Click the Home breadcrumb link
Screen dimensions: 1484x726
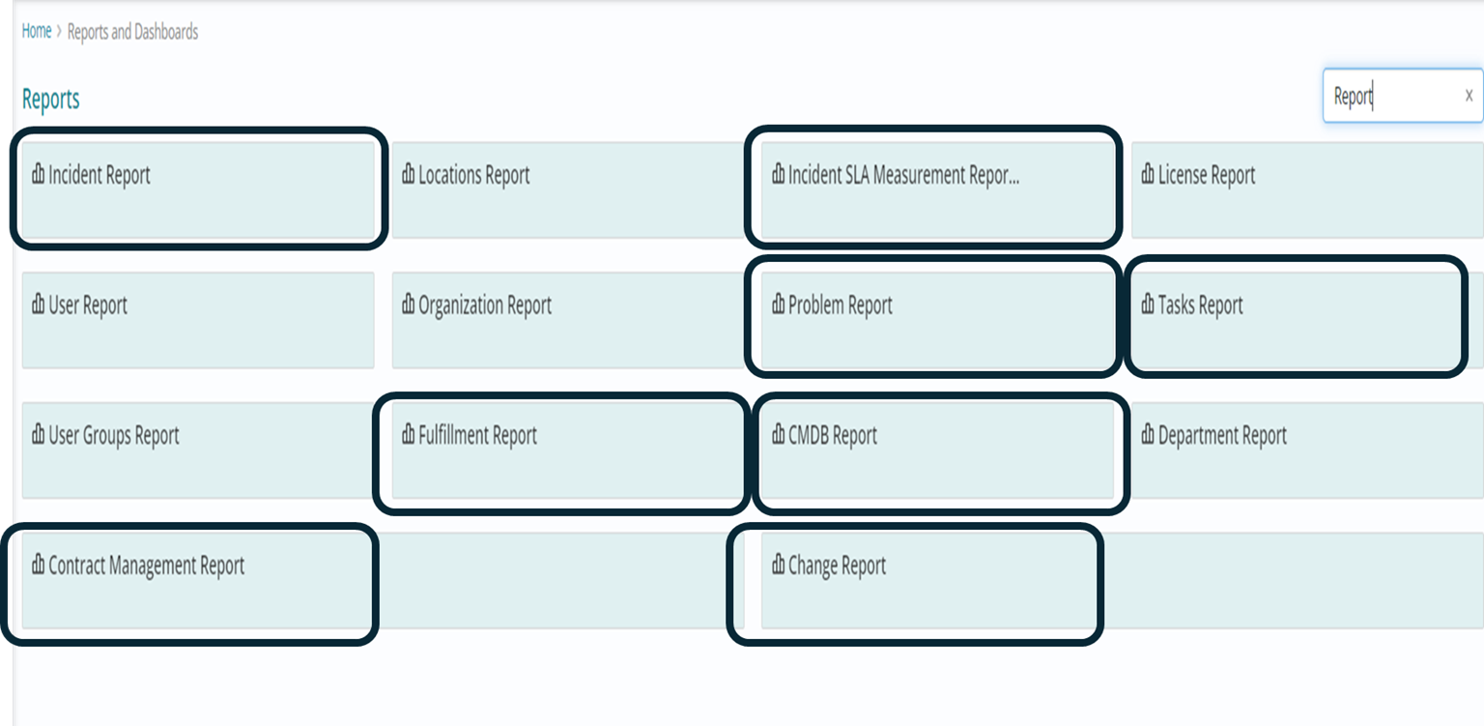pyautogui.click(x=37, y=31)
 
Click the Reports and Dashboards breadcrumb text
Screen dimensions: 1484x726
pyautogui.click(x=132, y=32)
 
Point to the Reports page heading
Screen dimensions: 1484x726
pyautogui.click(x=51, y=99)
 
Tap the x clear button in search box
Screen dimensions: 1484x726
pyautogui.click(x=1469, y=96)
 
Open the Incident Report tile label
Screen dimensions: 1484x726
pyautogui.click(x=100, y=175)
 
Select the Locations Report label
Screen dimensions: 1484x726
pyautogui.click(x=473, y=175)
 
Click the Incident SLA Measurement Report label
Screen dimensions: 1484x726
pyautogui.click(x=903, y=175)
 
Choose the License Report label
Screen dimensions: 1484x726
pyautogui.click(x=1207, y=175)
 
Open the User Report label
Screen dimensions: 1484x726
pyautogui.click(x=88, y=305)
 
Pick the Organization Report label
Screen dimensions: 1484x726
pyautogui.click(x=485, y=305)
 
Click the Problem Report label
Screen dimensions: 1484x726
pyautogui.click(x=840, y=305)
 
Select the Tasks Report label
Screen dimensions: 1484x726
pyautogui.click(x=1201, y=305)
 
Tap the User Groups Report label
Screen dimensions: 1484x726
pyautogui.click(x=113, y=436)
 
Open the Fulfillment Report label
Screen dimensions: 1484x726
pyautogui.click(x=477, y=435)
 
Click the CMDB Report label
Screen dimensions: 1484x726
pyautogui.click(x=832, y=435)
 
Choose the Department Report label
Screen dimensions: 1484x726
pyautogui.click(x=1222, y=435)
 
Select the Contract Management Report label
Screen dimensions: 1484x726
pyautogui.click(x=147, y=566)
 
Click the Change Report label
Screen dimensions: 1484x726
pyautogui.click(x=837, y=566)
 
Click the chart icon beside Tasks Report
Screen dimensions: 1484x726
pyautogui.click(x=1148, y=304)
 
